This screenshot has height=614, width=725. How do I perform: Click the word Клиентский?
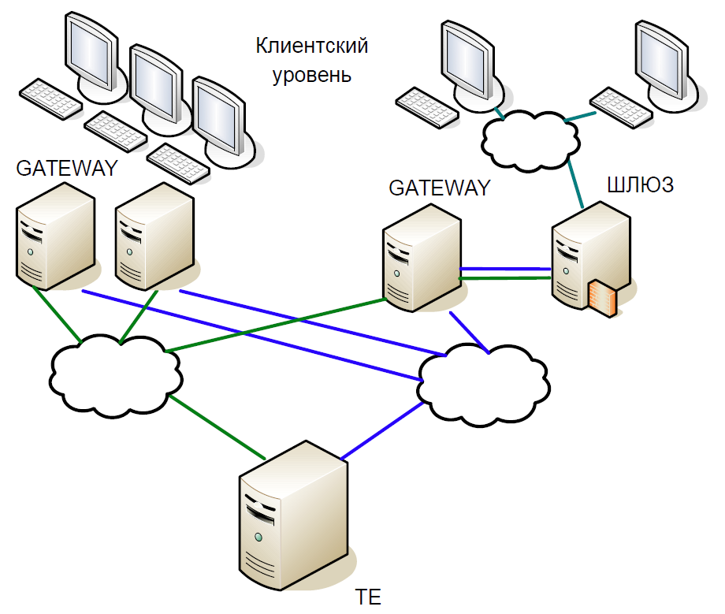(311, 46)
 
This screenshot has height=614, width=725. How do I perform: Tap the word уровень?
(311, 75)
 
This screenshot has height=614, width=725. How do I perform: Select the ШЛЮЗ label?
(641, 185)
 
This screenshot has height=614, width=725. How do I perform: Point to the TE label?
(368, 597)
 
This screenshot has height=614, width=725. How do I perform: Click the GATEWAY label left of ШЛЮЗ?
(439, 188)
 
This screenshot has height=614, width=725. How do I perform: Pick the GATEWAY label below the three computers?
(67, 169)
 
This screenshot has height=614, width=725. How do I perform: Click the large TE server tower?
(293, 515)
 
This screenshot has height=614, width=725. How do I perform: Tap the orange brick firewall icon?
(603, 298)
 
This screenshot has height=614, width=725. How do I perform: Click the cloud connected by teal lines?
(530, 140)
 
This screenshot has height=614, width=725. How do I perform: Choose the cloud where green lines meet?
(116, 376)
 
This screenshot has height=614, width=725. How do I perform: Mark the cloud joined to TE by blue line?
(483, 385)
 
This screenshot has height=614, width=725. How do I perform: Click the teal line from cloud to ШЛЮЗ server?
(575, 183)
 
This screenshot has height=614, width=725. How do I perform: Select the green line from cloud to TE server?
(217, 428)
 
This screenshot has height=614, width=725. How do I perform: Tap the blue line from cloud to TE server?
(382, 430)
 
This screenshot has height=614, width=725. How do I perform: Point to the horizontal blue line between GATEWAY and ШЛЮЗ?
(505, 269)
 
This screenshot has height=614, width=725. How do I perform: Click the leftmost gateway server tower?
(55, 236)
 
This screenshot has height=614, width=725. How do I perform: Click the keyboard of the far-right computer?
(621, 108)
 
